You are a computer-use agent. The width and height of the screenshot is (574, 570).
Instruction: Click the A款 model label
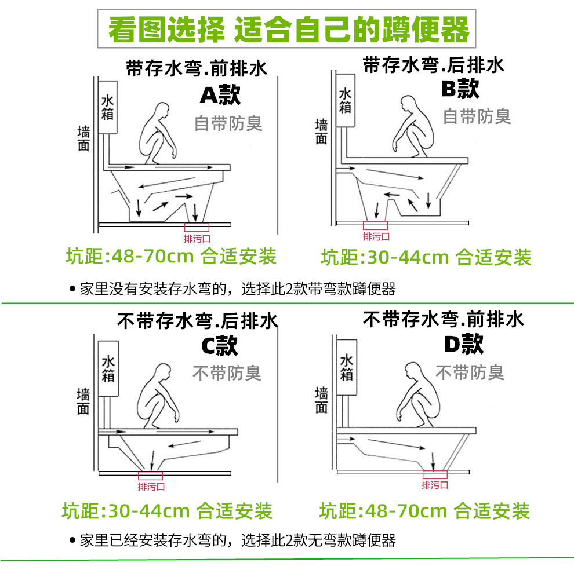pos(220,96)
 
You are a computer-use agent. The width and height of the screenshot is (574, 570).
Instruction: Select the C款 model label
pos(220,346)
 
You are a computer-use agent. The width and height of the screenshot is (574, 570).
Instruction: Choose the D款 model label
pos(463,344)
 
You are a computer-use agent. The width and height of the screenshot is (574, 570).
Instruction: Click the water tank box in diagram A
pos(108,108)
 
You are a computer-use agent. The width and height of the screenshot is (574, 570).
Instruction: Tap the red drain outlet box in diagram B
pos(375,225)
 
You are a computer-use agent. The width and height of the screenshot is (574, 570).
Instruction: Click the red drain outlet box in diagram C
pos(151,476)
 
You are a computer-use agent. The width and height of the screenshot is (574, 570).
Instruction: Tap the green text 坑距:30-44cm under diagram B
pos(426,257)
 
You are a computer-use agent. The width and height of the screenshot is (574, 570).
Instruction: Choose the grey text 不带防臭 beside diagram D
pos(470,372)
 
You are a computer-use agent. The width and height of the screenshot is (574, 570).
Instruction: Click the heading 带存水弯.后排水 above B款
pos(434,65)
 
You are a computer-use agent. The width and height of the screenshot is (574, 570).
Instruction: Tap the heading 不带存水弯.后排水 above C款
pos(198,320)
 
